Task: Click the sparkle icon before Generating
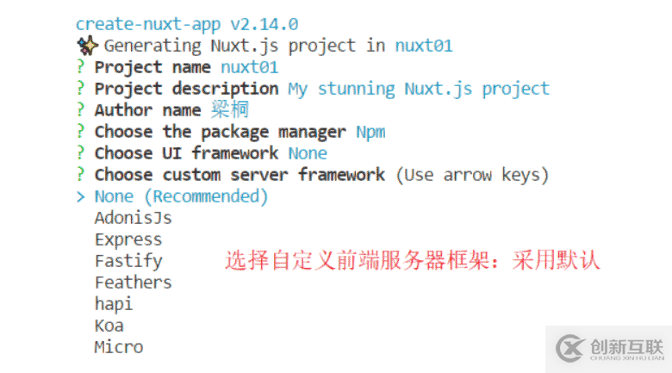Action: pos(86,46)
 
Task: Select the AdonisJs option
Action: pos(133,218)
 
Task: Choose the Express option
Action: pos(128,239)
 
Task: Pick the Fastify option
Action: pos(128,261)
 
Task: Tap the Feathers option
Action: pos(133,283)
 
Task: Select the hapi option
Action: pos(114,304)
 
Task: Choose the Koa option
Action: pos(109,326)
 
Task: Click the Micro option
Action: pos(119,347)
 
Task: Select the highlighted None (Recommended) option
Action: pos(181,196)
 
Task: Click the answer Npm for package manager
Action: pos(370,132)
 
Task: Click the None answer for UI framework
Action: pos(308,153)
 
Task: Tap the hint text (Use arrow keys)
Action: pos(472,175)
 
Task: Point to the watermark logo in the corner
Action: pos(572,347)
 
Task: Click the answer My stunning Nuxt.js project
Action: pos(418,89)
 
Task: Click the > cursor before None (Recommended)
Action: pos(80,196)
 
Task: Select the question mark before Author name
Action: pos(80,110)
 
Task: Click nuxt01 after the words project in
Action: pos(424,46)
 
